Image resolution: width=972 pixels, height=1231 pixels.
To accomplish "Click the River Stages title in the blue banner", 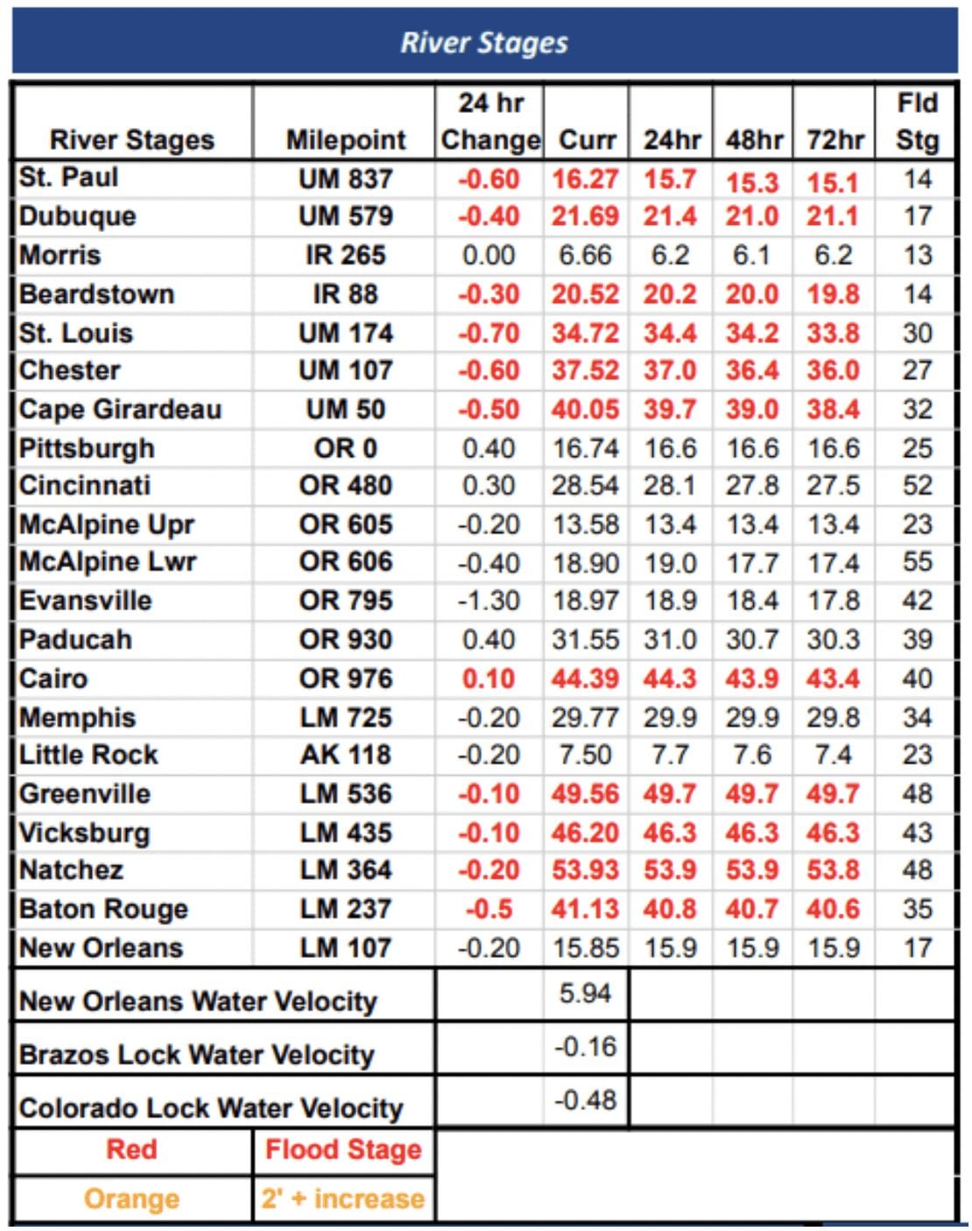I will [x=484, y=42].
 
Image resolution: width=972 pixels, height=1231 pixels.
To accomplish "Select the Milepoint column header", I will [x=346, y=140].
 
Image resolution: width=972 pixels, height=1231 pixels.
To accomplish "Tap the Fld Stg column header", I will [x=917, y=122].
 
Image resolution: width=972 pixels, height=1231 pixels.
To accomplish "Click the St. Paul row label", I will [x=68, y=178].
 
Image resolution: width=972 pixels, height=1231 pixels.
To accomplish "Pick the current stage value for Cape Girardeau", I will [x=585, y=410].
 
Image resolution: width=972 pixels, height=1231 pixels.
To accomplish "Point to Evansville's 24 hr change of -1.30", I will [x=489, y=601].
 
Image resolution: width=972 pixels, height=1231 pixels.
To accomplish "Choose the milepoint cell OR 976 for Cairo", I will [x=346, y=679].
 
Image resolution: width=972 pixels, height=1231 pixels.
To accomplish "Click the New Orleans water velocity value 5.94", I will [x=585, y=994].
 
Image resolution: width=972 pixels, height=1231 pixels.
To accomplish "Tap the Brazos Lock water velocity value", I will [x=585, y=1047].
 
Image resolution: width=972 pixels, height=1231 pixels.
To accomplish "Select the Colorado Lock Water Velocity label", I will [x=211, y=1108].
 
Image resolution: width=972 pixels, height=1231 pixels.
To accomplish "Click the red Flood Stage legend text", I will [x=343, y=1150].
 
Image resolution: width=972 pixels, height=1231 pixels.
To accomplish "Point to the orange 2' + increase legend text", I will [x=343, y=1199].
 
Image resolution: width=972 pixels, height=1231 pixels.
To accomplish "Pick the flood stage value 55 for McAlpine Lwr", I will [x=917, y=562].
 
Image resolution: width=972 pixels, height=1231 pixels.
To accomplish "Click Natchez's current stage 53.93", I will [x=585, y=870].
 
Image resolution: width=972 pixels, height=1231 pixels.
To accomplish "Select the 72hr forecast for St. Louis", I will [x=833, y=334].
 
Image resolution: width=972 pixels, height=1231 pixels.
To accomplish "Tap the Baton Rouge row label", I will [x=103, y=909].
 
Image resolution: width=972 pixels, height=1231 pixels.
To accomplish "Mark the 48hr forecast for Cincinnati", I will [x=752, y=486].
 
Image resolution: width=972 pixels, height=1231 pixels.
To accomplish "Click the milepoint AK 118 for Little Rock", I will [x=346, y=755].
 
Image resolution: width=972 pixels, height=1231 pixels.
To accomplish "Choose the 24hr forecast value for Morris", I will [x=670, y=256].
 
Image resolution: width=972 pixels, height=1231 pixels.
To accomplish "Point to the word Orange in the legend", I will [x=131, y=1199].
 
